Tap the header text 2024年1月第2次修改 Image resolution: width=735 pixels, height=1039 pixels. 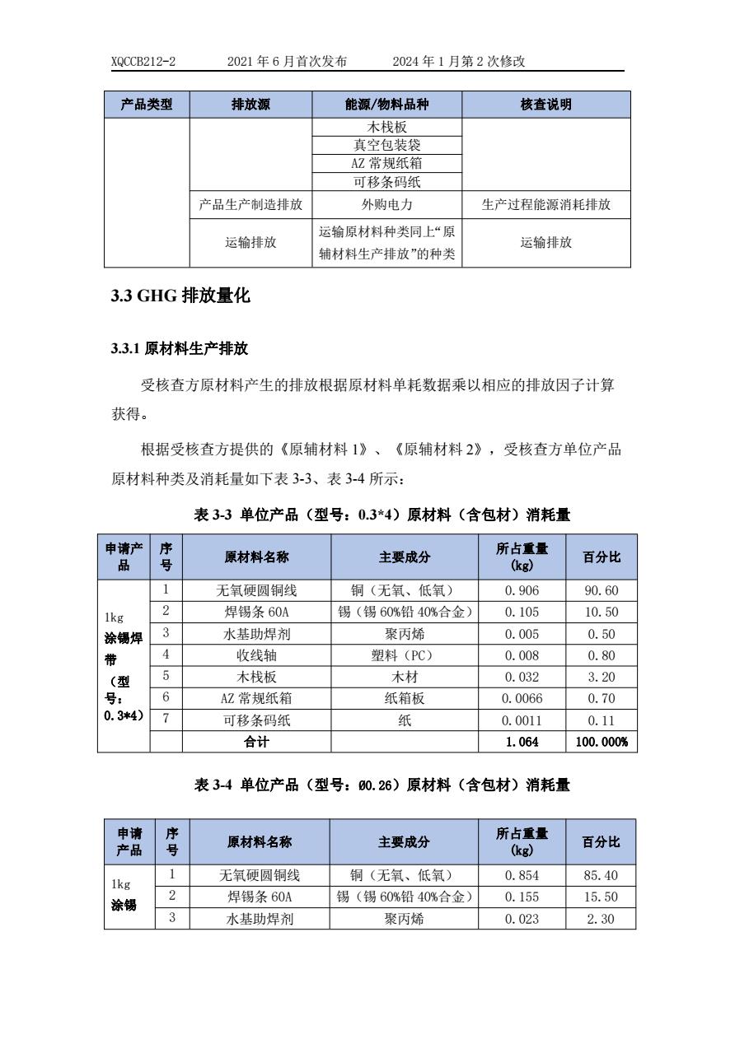tap(459, 62)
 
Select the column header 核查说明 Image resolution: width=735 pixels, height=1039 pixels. tap(545, 105)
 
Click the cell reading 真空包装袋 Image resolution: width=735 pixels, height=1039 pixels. tap(386, 145)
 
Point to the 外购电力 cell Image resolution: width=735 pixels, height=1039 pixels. tap(386, 205)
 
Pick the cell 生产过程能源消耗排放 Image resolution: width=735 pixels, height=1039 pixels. tap(545, 205)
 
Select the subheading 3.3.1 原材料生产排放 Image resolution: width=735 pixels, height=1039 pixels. tap(180, 349)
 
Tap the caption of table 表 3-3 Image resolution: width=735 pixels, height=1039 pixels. tap(382, 515)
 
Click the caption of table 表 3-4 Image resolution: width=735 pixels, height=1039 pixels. tap(382, 785)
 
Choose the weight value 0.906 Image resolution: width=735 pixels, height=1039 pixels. tap(522, 591)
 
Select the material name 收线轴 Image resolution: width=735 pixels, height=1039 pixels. tap(256, 655)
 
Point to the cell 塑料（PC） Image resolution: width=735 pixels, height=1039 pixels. tap(404, 655)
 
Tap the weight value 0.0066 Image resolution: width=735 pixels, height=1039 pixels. tap(522, 698)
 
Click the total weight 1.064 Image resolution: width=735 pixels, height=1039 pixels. tap(522, 742)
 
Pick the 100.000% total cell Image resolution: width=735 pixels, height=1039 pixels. tap(602, 742)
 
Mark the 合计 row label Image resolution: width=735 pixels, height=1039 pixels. tap(256, 742)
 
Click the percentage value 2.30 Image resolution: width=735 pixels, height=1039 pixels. tap(602, 919)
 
